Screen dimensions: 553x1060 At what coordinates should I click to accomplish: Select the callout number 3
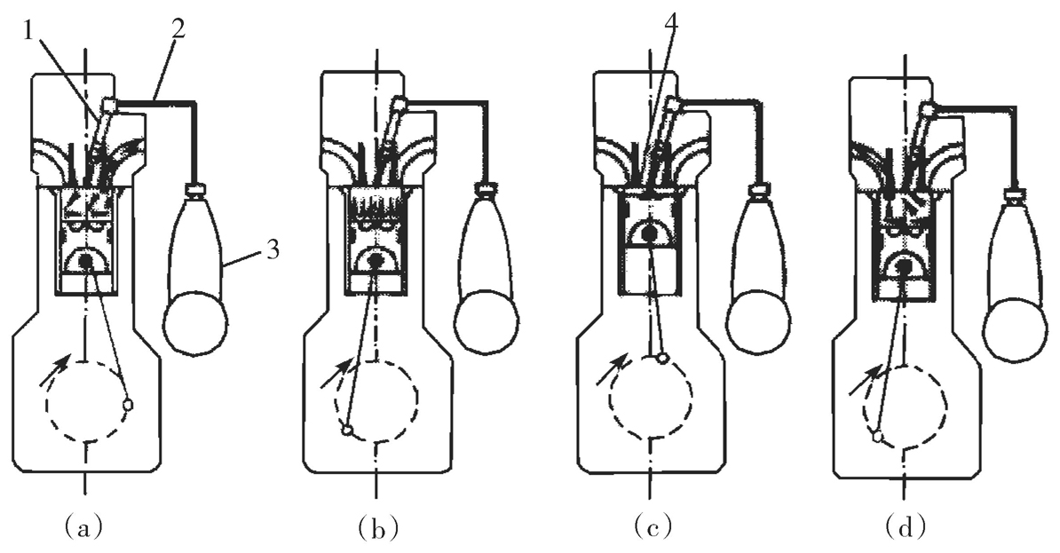(x=272, y=251)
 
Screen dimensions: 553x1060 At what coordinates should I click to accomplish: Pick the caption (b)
(x=376, y=529)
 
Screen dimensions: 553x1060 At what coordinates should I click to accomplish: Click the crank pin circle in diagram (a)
(x=128, y=404)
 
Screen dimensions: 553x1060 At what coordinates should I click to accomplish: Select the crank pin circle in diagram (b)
(x=347, y=431)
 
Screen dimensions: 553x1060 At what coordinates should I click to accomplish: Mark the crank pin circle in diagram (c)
(x=662, y=359)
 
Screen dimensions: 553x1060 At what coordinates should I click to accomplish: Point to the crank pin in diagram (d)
(x=878, y=436)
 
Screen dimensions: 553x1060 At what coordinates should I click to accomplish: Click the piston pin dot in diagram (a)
(x=86, y=261)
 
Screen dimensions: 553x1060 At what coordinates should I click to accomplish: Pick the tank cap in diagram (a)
(x=195, y=189)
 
